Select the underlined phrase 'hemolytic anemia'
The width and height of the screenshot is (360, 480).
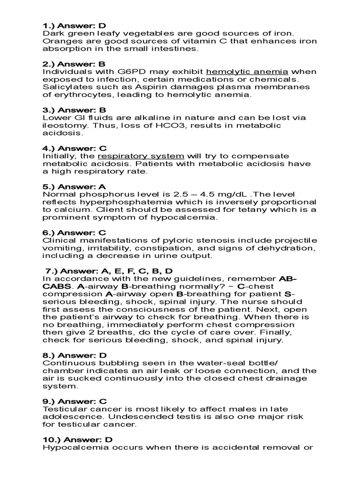pyautogui.click(x=247, y=72)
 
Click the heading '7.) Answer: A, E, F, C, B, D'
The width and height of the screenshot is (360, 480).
pyautogui.click(x=109, y=271)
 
